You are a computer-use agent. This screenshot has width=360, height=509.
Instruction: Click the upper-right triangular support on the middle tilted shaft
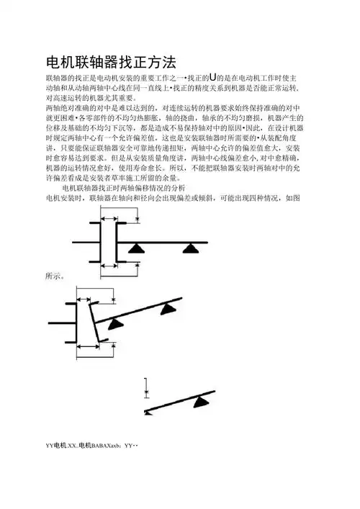tap(167, 309)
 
